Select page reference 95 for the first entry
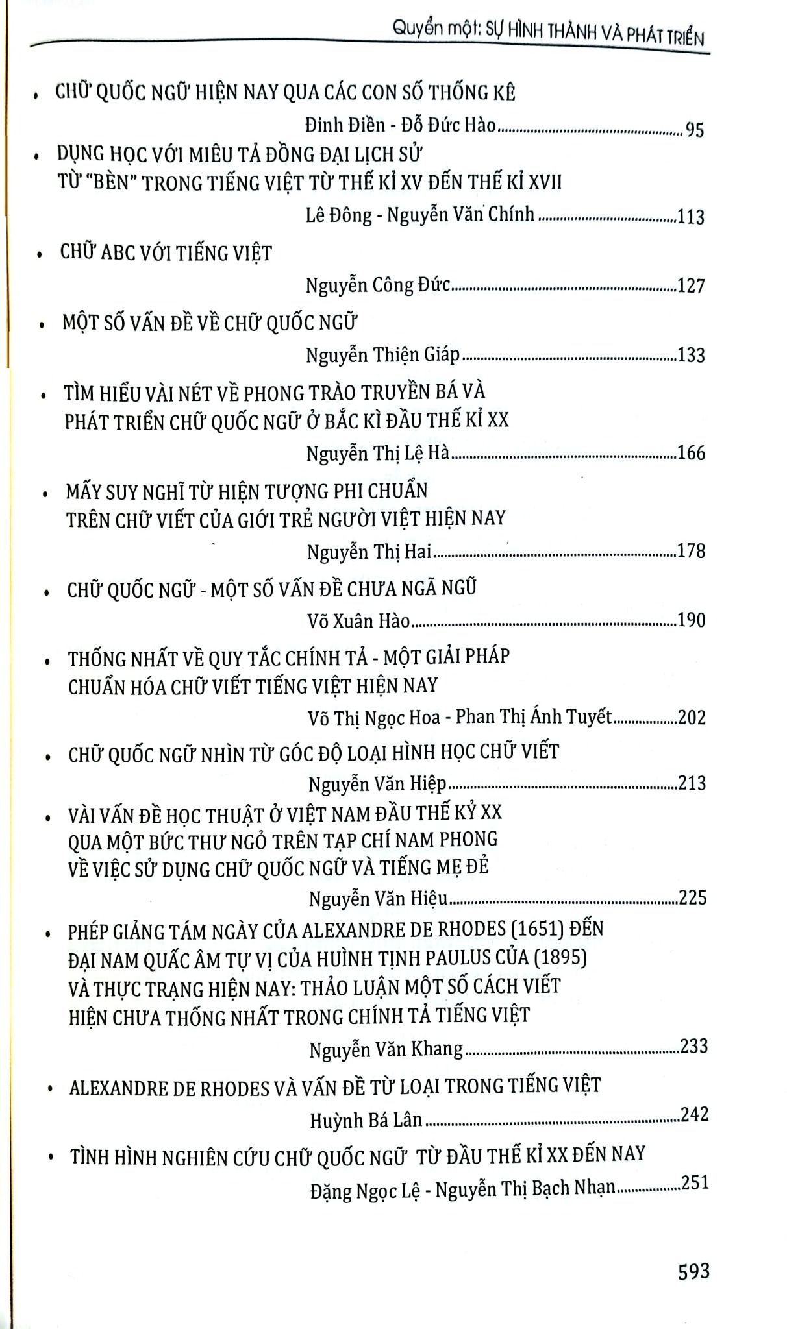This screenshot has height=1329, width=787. [x=694, y=129]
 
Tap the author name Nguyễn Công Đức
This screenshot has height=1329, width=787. [x=377, y=285]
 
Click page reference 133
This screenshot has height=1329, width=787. [x=691, y=355]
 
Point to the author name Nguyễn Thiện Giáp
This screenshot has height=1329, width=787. [x=382, y=355]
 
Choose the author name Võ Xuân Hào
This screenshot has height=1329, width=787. [x=358, y=621]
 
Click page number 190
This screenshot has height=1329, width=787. [x=691, y=620]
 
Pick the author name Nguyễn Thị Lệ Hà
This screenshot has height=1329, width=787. [x=378, y=454]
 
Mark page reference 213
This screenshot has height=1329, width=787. [x=692, y=783]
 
